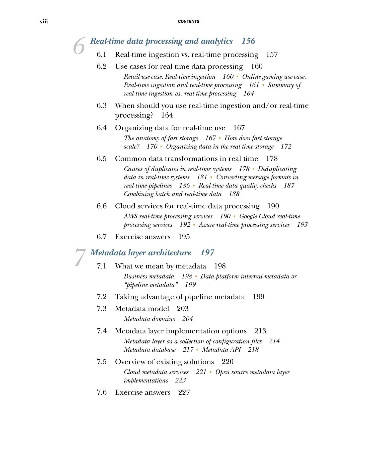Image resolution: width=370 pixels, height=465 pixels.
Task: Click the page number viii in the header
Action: click(x=44, y=22)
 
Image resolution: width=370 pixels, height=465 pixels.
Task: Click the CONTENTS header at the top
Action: click(x=188, y=22)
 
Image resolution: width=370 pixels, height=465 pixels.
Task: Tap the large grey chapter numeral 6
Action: click(x=79, y=46)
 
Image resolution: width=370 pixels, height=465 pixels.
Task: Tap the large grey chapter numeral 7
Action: click(x=80, y=257)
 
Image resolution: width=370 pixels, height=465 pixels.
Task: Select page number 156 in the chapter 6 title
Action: click(x=248, y=41)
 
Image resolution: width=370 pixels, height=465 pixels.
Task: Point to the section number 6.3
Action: click(x=102, y=105)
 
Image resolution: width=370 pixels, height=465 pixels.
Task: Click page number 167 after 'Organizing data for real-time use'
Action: click(x=239, y=128)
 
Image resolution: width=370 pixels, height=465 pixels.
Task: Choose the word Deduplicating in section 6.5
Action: click(x=277, y=169)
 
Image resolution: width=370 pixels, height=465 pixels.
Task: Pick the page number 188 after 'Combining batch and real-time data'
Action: click(x=234, y=194)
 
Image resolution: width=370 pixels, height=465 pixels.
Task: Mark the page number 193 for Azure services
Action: click(x=302, y=225)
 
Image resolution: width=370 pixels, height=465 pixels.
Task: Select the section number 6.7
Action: click(x=102, y=237)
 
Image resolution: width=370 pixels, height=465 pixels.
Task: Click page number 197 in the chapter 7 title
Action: click(x=207, y=253)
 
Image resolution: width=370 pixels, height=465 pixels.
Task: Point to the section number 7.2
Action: click(x=102, y=297)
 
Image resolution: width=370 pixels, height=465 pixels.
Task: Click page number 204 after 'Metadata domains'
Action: click(x=187, y=319)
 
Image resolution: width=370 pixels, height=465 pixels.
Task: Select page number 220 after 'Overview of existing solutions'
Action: click(x=228, y=362)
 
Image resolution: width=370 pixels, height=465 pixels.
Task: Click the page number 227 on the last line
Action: click(x=184, y=392)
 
